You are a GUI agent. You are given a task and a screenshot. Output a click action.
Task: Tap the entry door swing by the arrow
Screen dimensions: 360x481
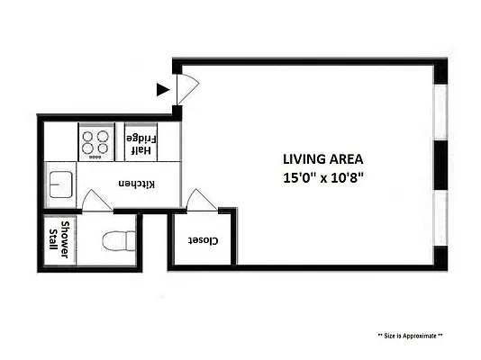point(186,88)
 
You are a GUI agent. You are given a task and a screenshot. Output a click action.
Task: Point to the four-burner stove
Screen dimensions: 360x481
point(96,142)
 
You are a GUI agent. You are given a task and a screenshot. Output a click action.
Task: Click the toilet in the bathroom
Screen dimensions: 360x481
point(118,241)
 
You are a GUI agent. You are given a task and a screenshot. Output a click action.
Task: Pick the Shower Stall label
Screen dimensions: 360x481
point(59,240)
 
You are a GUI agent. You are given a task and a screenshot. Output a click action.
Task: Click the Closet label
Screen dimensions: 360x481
point(204,240)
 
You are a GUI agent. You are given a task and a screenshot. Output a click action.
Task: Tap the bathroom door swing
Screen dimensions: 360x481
point(95,202)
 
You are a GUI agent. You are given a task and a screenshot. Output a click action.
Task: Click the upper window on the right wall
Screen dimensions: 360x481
point(441,114)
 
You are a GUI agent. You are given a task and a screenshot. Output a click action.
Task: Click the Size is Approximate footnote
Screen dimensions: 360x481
point(410,336)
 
